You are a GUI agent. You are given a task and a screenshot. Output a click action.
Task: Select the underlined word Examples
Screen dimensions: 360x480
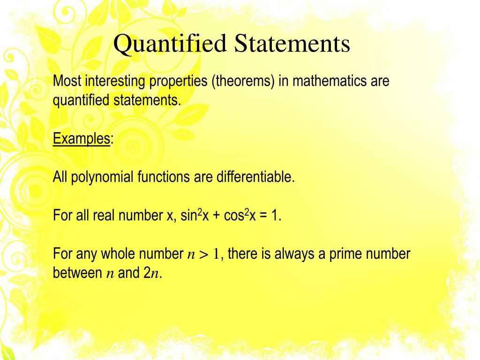pos(82,139)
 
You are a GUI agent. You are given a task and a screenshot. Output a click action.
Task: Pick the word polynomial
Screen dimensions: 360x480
pos(103,177)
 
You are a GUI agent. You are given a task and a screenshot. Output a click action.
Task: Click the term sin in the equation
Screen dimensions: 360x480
pos(188,216)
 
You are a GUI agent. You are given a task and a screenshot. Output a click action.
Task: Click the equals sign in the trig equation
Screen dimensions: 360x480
pos(261,217)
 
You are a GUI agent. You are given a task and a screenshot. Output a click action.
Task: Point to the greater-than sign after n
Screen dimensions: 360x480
pos(204,255)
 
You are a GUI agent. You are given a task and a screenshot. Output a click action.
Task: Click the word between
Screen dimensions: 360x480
pos(75,273)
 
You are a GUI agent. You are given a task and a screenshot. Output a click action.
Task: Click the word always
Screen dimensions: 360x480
pos(292,255)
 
